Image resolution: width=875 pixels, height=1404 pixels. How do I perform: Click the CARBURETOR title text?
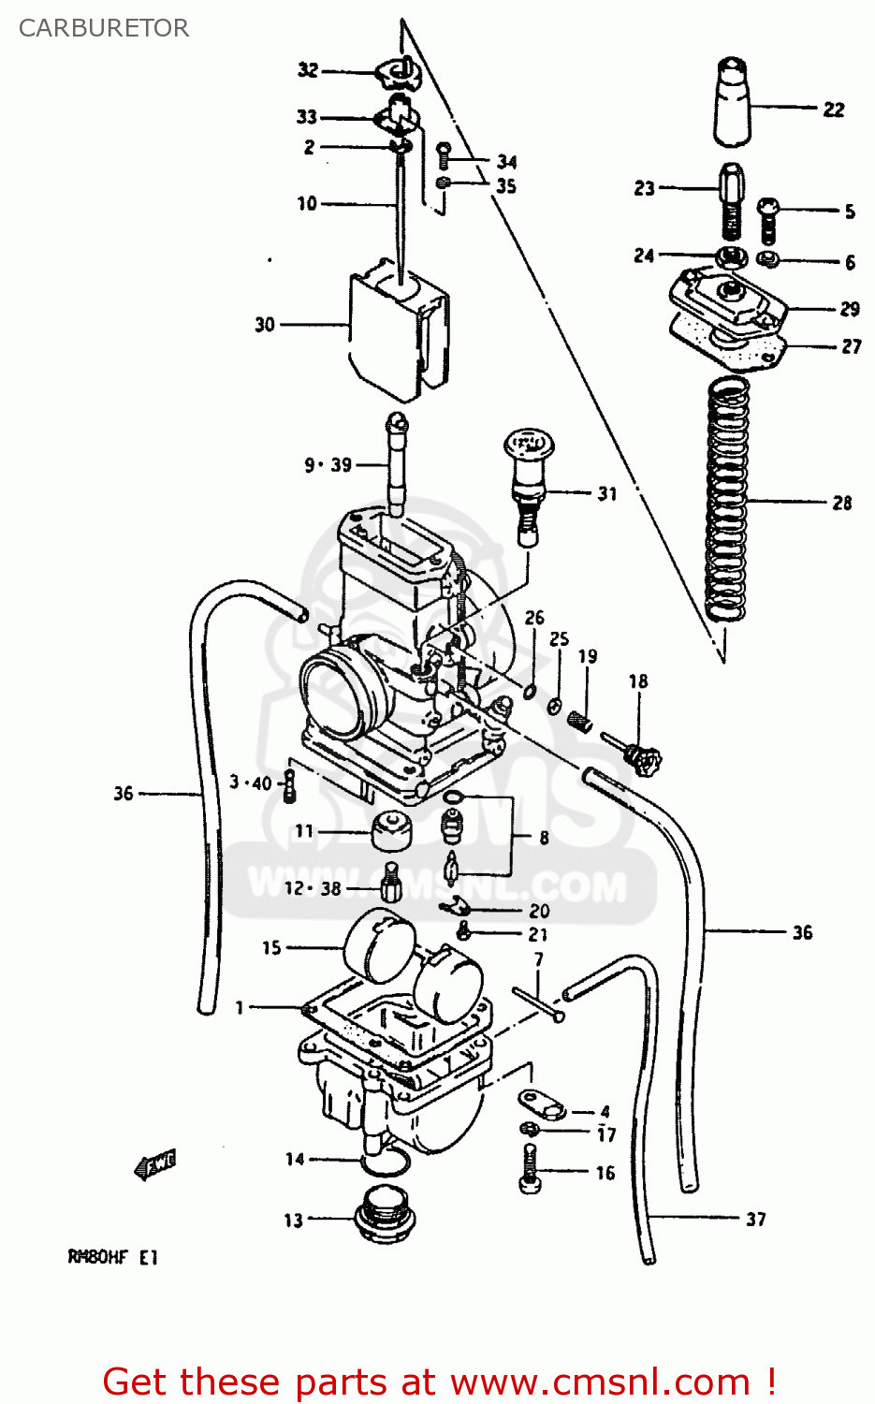104,28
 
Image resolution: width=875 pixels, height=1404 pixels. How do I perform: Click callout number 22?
834,110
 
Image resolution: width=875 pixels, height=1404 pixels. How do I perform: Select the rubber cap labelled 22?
733,103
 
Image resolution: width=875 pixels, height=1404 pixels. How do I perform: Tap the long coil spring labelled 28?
727,501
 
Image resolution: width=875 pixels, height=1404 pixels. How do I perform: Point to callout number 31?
607,493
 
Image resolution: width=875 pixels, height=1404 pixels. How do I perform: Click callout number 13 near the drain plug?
294,1221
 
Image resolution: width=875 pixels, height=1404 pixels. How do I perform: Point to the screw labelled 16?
530,1171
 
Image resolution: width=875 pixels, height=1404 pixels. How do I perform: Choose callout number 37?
756,1219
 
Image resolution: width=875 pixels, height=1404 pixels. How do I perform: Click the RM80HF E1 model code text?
112,1257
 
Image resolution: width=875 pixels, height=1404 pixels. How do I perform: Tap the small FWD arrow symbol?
155,1164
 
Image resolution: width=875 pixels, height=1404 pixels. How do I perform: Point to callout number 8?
544,837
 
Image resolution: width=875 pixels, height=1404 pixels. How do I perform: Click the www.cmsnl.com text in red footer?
600,1382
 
